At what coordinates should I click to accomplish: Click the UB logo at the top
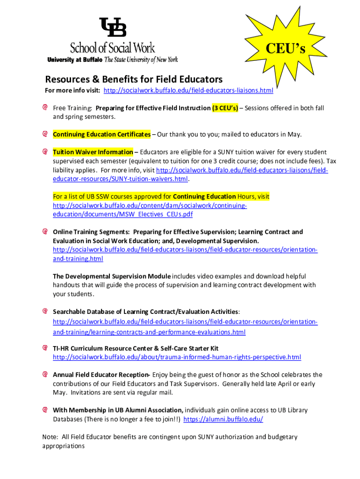(112, 27)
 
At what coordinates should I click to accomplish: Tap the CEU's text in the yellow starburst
(286, 49)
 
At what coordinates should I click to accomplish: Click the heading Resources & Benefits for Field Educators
(134, 79)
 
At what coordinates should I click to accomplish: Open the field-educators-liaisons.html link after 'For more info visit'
(188, 90)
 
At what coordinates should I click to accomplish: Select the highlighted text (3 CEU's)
(225, 108)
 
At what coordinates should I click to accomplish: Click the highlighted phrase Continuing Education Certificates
(101, 134)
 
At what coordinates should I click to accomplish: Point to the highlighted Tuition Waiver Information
(93, 152)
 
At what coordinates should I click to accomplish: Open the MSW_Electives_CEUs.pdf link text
(122, 214)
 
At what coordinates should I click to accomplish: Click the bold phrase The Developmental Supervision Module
(112, 276)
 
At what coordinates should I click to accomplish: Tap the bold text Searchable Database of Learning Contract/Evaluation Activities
(146, 312)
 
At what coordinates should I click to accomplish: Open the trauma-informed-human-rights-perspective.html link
(177, 357)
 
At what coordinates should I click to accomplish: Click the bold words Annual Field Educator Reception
(101, 375)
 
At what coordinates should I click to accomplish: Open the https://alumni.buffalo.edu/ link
(223, 419)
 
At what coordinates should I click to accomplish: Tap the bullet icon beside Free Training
(45, 108)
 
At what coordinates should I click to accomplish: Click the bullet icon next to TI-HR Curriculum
(45, 348)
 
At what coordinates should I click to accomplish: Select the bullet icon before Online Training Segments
(45, 232)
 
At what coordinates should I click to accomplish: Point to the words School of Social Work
(112, 47)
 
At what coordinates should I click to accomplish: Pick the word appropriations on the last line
(63, 446)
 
